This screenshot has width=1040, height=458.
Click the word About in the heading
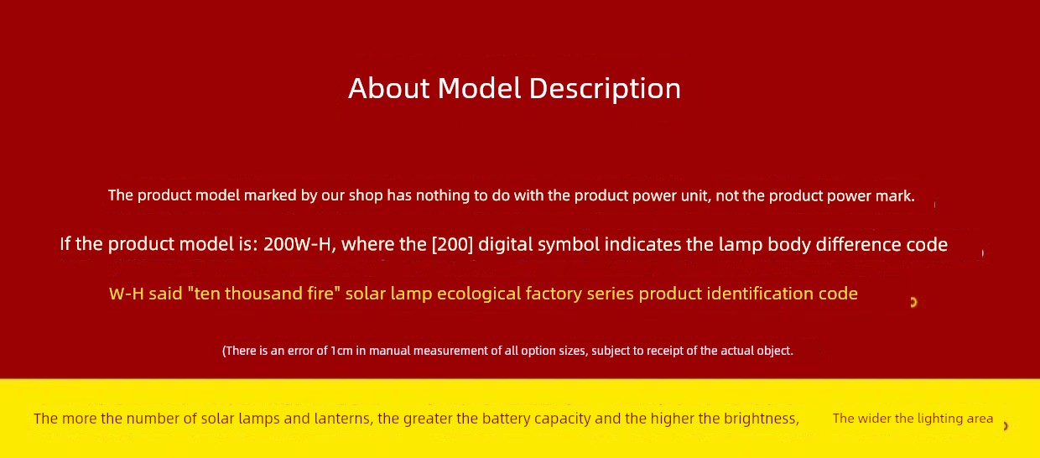(389, 88)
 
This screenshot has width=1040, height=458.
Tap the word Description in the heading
(605, 89)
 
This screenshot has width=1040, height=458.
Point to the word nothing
(442, 196)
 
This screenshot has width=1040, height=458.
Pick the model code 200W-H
(299, 244)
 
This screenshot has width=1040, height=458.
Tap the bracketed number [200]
(452, 244)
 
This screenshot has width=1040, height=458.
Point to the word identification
(759, 294)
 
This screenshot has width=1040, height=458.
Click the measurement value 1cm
(341, 351)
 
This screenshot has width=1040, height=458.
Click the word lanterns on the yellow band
(344, 419)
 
